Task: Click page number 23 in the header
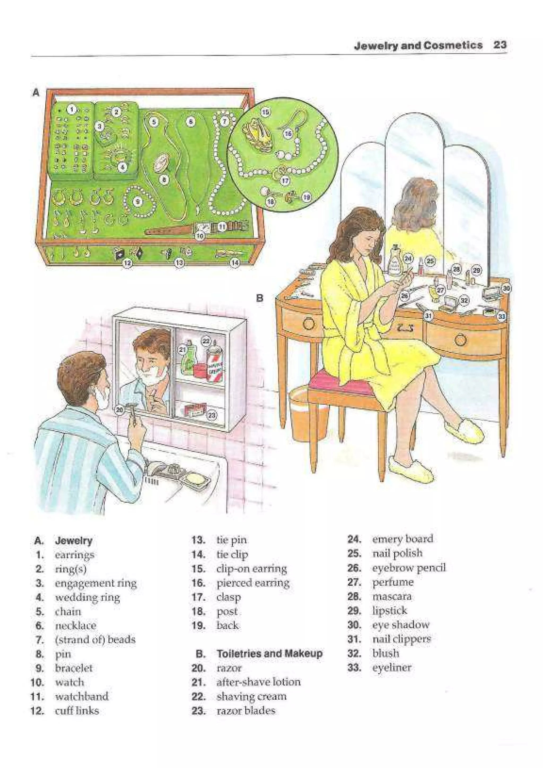500,45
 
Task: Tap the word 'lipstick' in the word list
389,611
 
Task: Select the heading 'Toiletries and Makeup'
269,653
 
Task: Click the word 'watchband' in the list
82,696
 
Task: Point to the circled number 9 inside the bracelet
138,202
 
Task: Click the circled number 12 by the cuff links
128,263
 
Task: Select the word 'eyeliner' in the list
391,667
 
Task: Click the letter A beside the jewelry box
36,93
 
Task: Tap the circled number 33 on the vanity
502,316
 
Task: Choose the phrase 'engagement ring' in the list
96,583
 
